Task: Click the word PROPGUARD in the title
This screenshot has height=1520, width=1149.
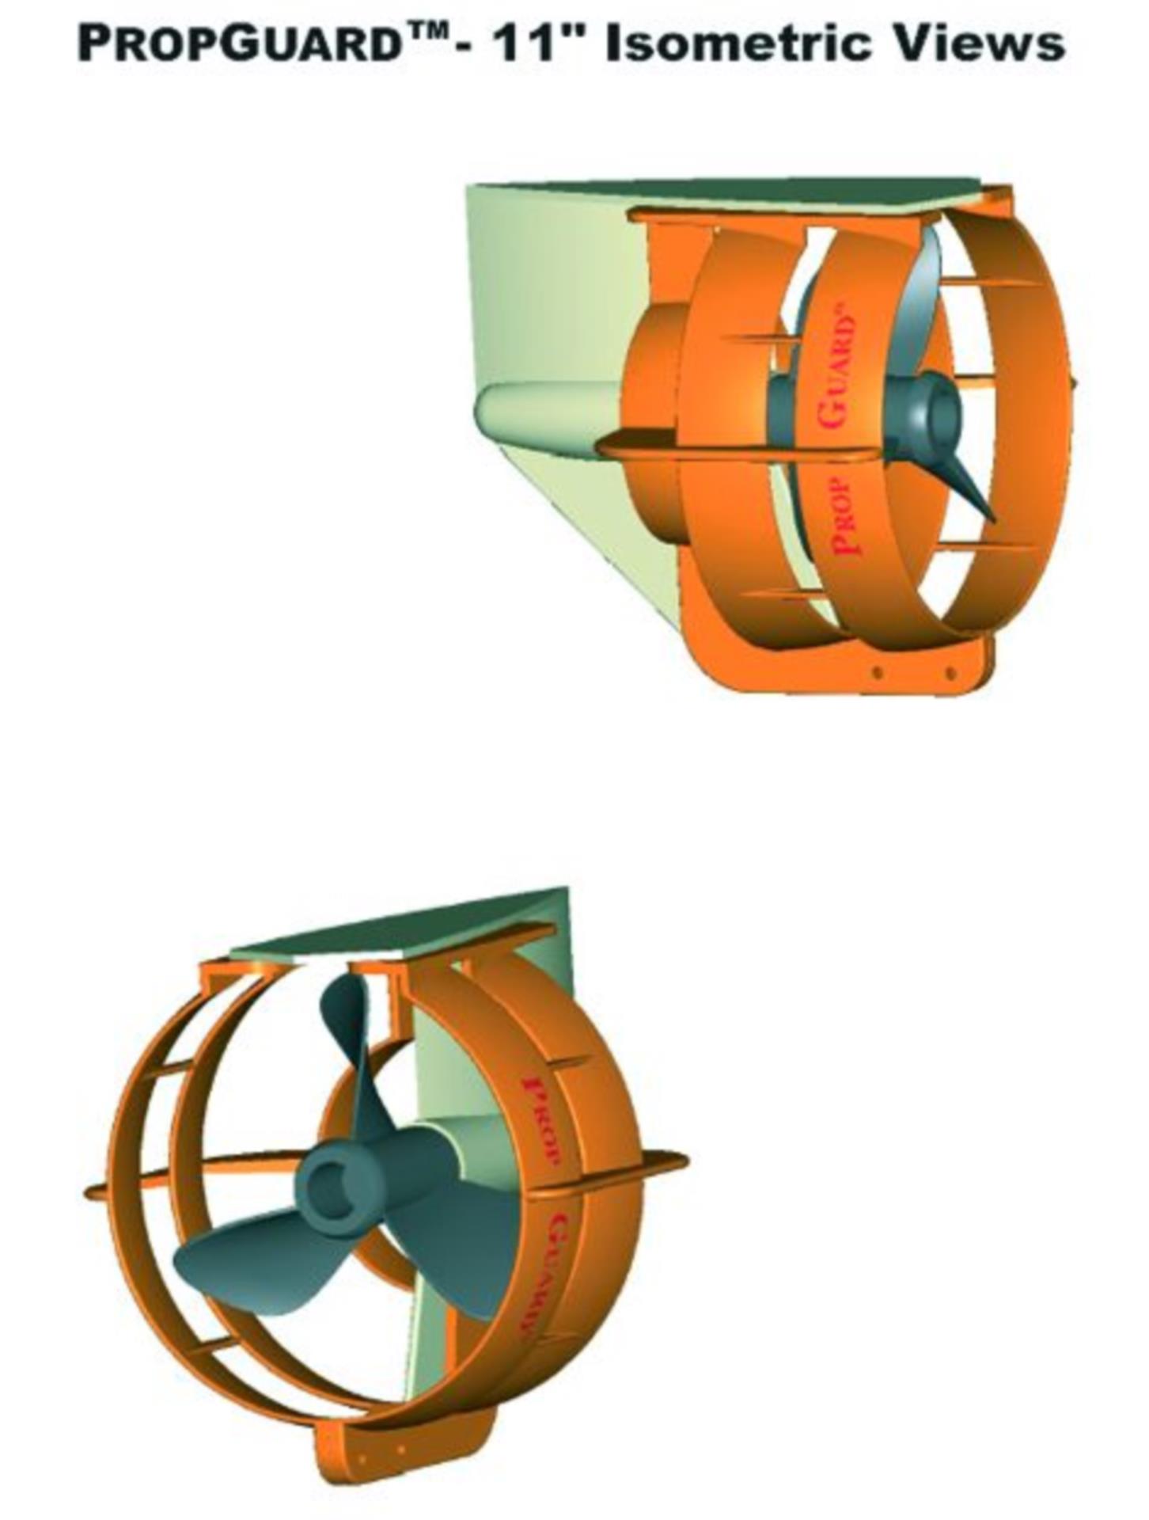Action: pos(237,44)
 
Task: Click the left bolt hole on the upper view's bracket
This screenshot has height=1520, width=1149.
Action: pos(877,672)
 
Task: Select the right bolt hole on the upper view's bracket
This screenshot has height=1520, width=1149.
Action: pos(950,674)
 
